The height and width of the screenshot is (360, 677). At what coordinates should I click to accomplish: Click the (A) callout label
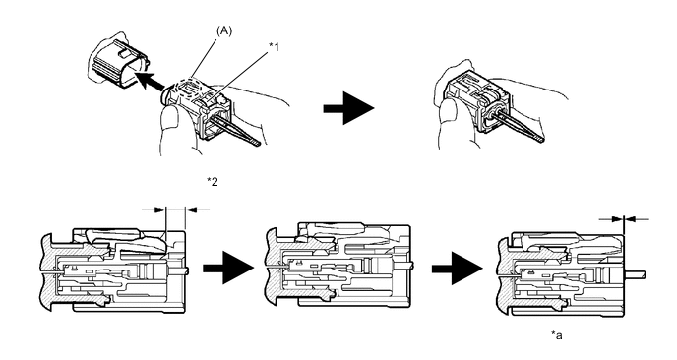click(x=224, y=31)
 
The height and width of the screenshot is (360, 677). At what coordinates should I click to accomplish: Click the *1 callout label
click(x=274, y=47)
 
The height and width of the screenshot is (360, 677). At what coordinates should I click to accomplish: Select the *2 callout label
click(x=213, y=181)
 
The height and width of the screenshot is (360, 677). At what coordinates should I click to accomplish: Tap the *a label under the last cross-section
click(x=557, y=335)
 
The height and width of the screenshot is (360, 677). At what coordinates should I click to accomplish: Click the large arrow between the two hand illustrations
click(x=348, y=108)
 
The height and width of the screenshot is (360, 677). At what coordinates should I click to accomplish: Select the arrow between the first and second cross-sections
click(x=228, y=269)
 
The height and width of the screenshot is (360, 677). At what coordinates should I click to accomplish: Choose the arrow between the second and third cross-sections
click(x=458, y=269)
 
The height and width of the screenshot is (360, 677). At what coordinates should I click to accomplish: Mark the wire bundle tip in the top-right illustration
click(x=539, y=139)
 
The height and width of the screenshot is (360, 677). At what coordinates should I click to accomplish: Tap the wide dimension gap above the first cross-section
click(x=176, y=210)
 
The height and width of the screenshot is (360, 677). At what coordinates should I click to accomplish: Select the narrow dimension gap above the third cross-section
click(x=624, y=219)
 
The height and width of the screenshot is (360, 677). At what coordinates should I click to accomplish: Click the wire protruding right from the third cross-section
click(x=635, y=273)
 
